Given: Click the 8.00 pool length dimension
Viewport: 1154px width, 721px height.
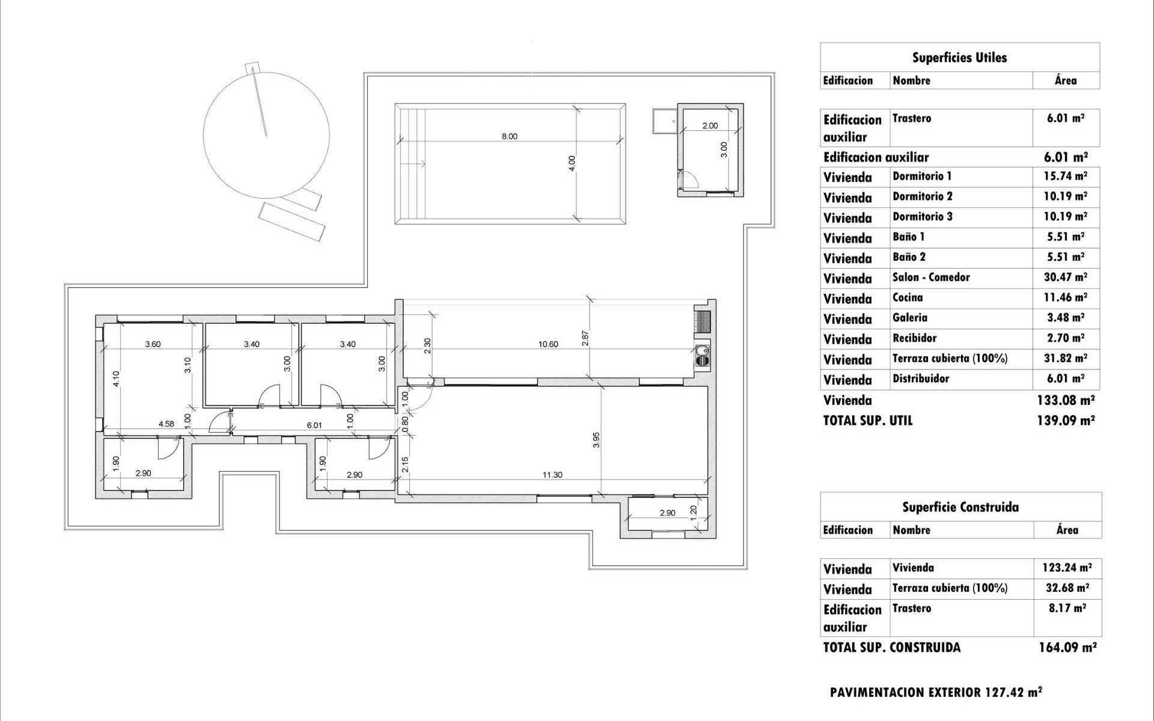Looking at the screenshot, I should point(509,136).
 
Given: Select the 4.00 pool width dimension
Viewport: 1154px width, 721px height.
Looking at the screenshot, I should point(572,163).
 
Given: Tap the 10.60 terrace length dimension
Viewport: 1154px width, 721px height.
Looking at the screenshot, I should point(548,344).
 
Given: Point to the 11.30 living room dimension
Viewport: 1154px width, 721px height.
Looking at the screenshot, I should point(552,475).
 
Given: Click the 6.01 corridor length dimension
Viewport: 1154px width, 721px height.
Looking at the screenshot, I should point(314,425).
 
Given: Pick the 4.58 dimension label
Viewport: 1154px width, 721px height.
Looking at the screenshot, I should point(166,424).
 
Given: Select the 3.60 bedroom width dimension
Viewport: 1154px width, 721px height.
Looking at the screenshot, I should point(153,344).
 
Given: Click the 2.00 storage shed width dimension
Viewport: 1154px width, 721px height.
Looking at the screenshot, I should point(710,126).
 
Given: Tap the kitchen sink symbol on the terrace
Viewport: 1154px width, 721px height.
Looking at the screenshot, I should point(701,356).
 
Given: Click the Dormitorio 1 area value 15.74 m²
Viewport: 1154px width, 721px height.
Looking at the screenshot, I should point(1066,176).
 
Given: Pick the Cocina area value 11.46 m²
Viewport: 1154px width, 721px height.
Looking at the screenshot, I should point(1066,297).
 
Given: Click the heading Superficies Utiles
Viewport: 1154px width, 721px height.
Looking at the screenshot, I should point(959,58).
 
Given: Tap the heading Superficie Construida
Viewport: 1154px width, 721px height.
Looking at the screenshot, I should point(960,507).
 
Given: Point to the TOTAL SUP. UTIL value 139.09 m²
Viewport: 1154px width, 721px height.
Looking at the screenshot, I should point(1066,421).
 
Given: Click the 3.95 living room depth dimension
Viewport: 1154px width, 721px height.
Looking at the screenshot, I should point(596,440).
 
